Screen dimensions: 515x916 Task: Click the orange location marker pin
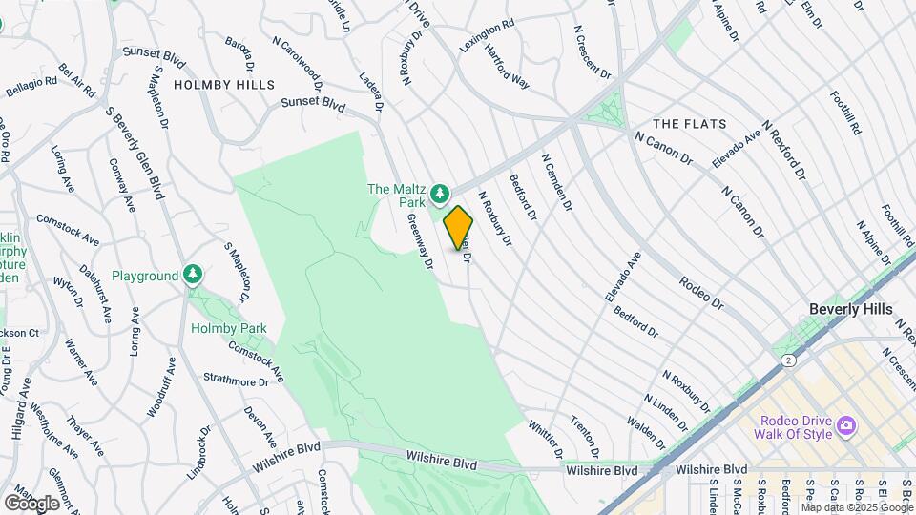click(458, 227)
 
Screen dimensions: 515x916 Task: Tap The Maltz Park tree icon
click(440, 196)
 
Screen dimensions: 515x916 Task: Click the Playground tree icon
click(193, 276)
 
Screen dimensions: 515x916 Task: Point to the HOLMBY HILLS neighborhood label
click(224, 85)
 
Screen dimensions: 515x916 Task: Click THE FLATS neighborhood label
click(689, 124)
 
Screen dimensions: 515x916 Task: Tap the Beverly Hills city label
click(850, 309)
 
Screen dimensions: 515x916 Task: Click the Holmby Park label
click(228, 329)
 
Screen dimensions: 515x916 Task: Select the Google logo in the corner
click(31, 503)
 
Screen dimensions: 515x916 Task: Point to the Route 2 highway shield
click(788, 360)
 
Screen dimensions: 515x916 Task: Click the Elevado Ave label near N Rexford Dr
click(736, 150)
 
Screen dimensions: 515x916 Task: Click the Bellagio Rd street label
click(31, 91)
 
